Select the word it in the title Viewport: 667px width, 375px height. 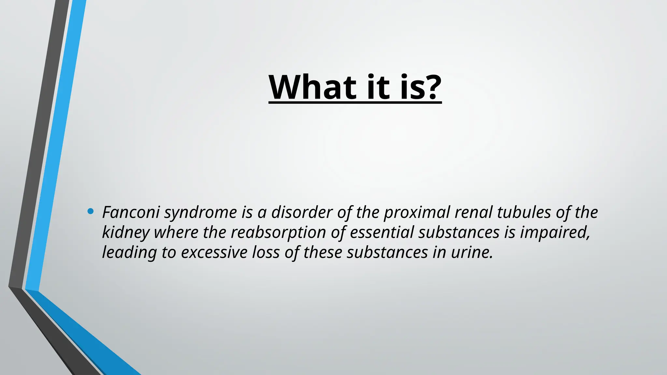tap(377, 87)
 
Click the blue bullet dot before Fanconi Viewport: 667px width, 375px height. tap(91, 212)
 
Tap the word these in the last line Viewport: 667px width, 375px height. tap(322, 252)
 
